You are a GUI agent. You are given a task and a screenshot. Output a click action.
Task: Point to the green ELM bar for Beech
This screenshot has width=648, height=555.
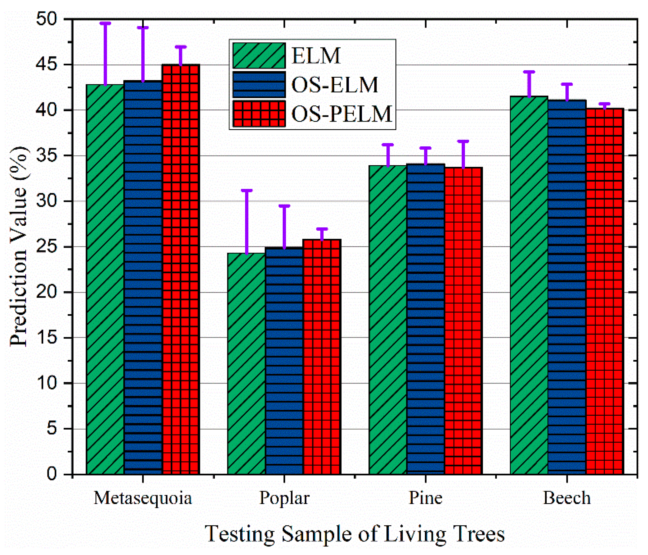(529, 285)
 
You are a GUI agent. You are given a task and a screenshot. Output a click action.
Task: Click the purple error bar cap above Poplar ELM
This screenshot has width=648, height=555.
(246, 190)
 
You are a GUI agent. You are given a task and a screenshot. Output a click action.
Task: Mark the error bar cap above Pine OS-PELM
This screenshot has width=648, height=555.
(463, 141)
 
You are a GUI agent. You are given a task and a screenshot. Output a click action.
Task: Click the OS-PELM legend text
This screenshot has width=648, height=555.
(341, 114)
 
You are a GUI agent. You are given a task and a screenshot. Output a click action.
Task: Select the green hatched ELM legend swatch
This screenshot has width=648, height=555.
(259, 56)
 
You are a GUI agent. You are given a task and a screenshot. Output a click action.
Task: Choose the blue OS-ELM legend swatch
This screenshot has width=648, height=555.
(259, 85)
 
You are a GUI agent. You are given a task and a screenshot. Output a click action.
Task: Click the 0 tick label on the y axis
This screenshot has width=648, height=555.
(52, 474)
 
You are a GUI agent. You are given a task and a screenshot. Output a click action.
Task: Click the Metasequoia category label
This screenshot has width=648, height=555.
(143, 498)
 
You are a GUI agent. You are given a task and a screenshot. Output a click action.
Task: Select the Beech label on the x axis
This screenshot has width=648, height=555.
(567, 498)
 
